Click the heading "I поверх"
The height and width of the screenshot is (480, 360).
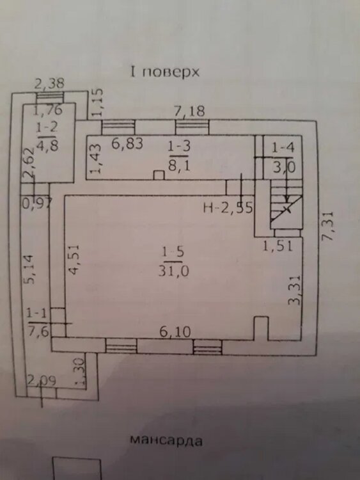coord(165,73)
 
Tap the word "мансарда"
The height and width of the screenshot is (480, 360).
coord(166,440)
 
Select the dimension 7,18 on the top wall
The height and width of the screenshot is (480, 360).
coord(190,111)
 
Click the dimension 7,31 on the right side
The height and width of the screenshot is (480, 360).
coord(329,226)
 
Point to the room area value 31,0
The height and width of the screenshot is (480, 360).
coord(174,271)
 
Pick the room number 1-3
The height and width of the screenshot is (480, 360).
coord(179,147)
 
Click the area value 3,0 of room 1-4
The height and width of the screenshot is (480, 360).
coord(284,168)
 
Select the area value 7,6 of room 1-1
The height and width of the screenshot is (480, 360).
coord(38,331)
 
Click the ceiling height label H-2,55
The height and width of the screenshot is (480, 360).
coord(228,208)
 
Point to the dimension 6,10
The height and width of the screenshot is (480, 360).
coord(175,332)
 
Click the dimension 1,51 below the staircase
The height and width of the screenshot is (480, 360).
coord(278,246)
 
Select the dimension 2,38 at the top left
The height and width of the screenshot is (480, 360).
coord(49,83)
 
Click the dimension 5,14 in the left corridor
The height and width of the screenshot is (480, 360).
coord(30,269)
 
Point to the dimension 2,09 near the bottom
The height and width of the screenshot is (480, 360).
coord(42,381)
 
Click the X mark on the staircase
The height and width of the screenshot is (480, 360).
coord(286,209)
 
